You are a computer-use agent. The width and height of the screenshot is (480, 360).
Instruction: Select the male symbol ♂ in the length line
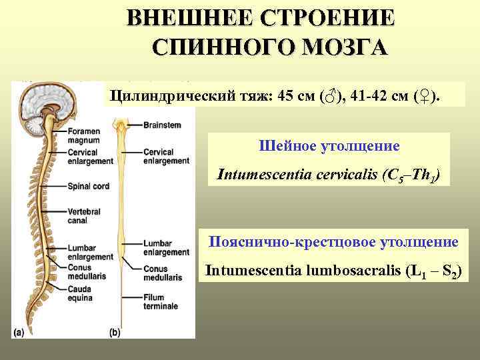pyautogui.click(x=328, y=97)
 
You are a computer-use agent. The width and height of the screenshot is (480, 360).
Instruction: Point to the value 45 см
pyautogui.click(x=289, y=97)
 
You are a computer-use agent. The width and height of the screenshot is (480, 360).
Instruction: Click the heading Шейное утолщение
pyautogui.click(x=329, y=145)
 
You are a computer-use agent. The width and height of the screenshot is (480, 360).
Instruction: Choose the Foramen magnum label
pyautogui.click(x=84, y=136)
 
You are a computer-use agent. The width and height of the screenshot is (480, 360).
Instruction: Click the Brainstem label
pyautogui.click(x=161, y=125)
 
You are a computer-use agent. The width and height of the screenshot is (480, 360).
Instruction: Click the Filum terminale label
pyautogui.click(x=160, y=301)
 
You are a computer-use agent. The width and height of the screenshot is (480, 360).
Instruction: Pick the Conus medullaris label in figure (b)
pyautogui.click(x=161, y=273)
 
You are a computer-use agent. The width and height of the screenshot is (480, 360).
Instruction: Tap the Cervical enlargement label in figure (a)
pyautogui.click(x=89, y=157)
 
